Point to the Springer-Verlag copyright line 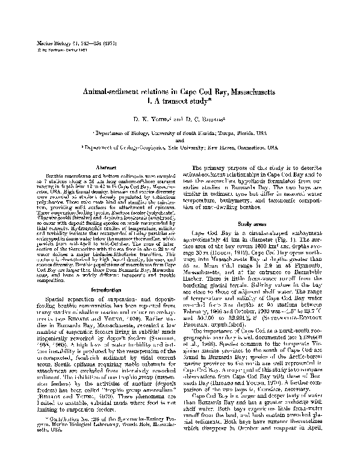[49, 49]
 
